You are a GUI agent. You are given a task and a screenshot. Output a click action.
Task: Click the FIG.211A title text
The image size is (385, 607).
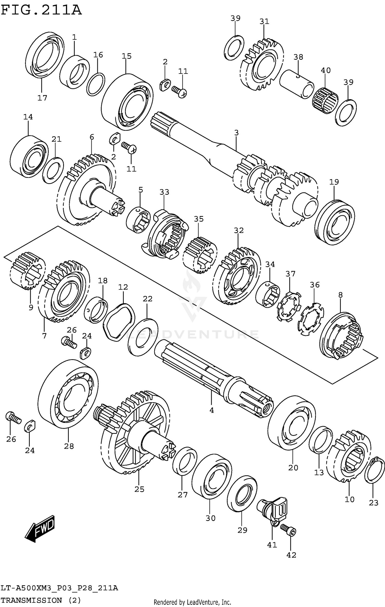41,10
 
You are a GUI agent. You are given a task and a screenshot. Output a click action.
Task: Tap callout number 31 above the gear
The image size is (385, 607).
264,21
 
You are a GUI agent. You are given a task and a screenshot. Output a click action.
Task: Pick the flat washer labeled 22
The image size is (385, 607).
143,337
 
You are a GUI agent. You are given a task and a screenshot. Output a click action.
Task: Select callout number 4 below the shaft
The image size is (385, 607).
211,410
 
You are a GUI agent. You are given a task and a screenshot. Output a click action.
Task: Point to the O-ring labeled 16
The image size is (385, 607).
96,84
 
